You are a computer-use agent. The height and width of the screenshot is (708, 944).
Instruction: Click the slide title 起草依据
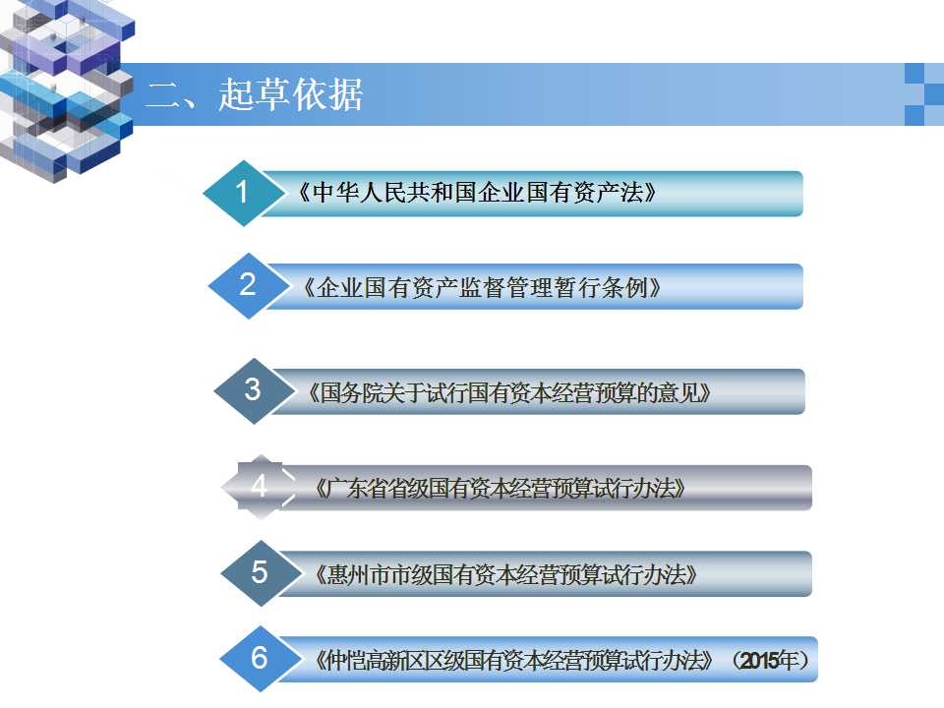tap(291, 94)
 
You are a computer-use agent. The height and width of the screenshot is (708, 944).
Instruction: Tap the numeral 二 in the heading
tap(163, 95)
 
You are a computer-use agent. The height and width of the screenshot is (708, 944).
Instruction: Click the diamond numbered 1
tap(243, 194)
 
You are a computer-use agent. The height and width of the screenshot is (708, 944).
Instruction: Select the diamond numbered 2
tap(248, 285)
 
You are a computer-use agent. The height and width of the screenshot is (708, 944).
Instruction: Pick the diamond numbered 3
tap(254, 390)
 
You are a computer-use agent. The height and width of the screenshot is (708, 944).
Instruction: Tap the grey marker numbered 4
tap(260, 487)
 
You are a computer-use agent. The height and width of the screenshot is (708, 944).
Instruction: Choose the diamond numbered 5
tap(260, 573)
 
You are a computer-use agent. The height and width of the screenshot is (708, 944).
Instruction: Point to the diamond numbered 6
tap(260, 659)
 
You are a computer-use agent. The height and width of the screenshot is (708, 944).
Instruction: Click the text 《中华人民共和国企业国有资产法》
tap(477, 193)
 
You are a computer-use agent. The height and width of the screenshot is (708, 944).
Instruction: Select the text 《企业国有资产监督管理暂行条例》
tap(482, 288)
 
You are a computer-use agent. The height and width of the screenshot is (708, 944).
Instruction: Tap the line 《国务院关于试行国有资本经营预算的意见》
tap(509, 393)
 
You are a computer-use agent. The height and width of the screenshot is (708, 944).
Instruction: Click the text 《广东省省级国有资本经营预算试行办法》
tap(501, 489)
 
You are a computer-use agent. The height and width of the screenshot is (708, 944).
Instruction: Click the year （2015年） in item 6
tap(771, 661)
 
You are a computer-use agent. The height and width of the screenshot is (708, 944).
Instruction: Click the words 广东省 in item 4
tap(357, 489)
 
